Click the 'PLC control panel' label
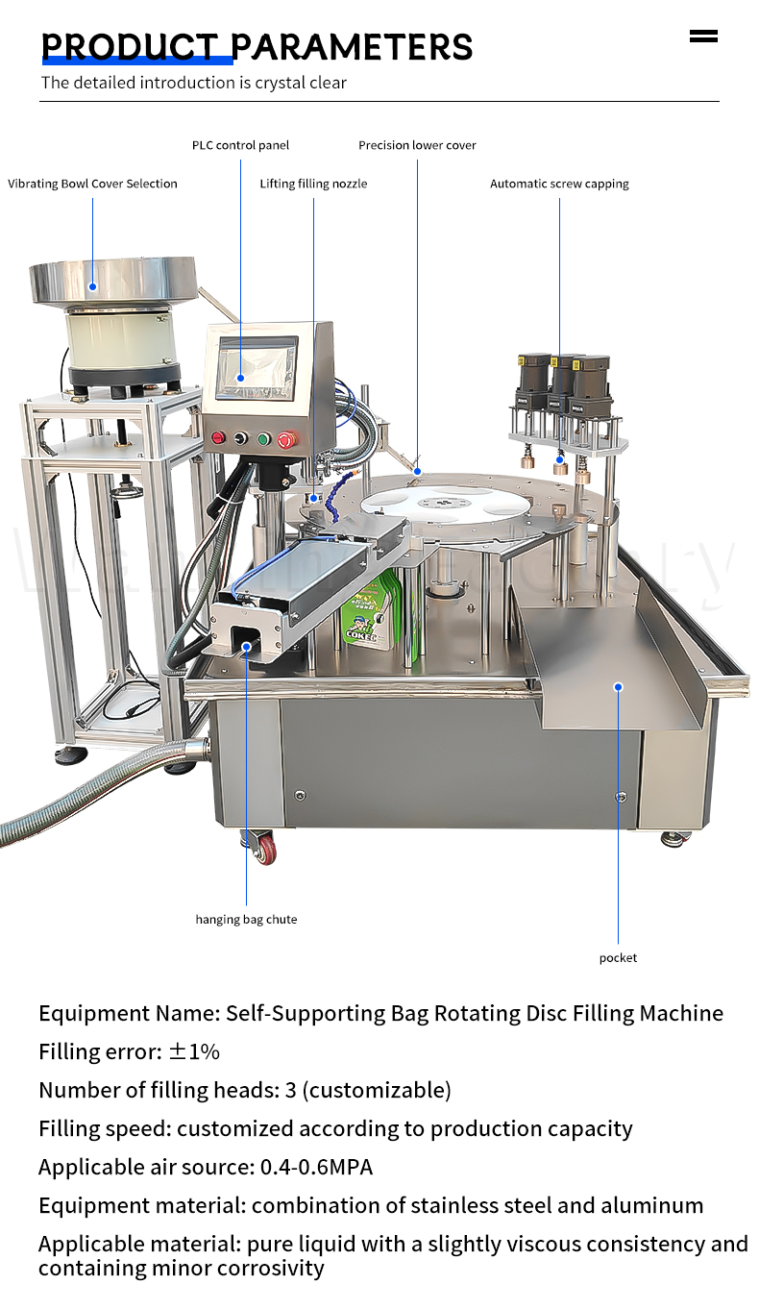point(240,145)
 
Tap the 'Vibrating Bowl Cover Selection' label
point(92,184)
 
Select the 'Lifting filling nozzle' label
point(313,184)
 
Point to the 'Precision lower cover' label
point(417,145)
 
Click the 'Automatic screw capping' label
point(559,184)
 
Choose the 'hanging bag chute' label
point(246,919)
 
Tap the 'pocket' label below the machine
point(618,958)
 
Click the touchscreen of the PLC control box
point(257,368)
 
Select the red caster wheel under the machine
point(266,851)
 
